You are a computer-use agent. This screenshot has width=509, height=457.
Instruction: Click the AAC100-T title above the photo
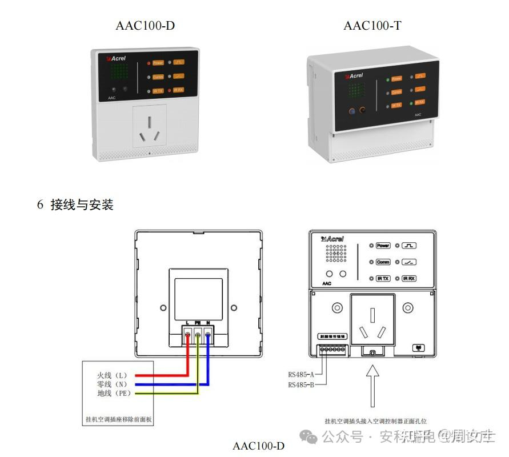(372, 25)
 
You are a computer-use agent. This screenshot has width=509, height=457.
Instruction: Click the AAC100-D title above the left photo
(145, 25)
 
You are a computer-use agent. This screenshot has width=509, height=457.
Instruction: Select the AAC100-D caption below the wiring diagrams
(258, 445)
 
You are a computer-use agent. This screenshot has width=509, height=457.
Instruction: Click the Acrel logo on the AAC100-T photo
(353, 75)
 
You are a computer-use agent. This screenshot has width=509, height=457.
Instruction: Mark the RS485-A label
(302, 375)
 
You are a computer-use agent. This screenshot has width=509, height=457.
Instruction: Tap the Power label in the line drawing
(383, 246)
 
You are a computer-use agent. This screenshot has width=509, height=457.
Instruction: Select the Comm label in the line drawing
(383, 262)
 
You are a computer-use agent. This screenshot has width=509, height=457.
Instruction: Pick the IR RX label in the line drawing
(409, 279)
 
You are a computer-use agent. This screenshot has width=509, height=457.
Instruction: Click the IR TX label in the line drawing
(383, 279)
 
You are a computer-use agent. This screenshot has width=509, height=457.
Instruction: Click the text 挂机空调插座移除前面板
(118, 420)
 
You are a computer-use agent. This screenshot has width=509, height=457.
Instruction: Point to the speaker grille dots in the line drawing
(335, 255)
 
